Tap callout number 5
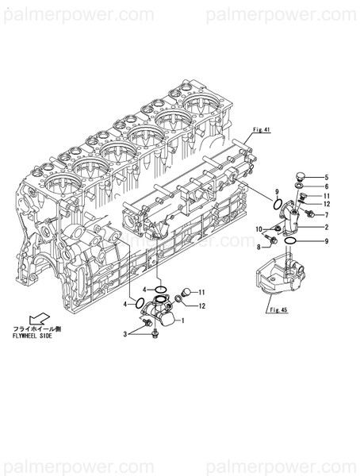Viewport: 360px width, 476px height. pos(326,177)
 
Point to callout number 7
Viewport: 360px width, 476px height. pos(326,214)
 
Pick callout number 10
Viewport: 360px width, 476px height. pos(259,229)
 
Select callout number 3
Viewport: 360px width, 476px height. pos(124,335)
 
